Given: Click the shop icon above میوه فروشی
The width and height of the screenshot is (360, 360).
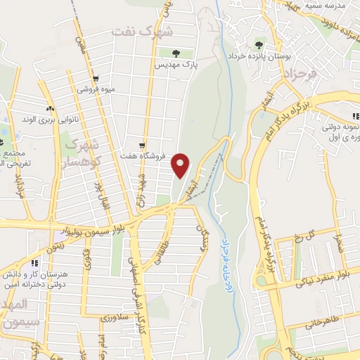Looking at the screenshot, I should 96,79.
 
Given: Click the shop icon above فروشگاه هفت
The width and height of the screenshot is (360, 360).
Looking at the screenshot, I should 143,144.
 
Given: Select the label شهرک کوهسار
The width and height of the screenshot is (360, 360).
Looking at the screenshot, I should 83,150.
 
